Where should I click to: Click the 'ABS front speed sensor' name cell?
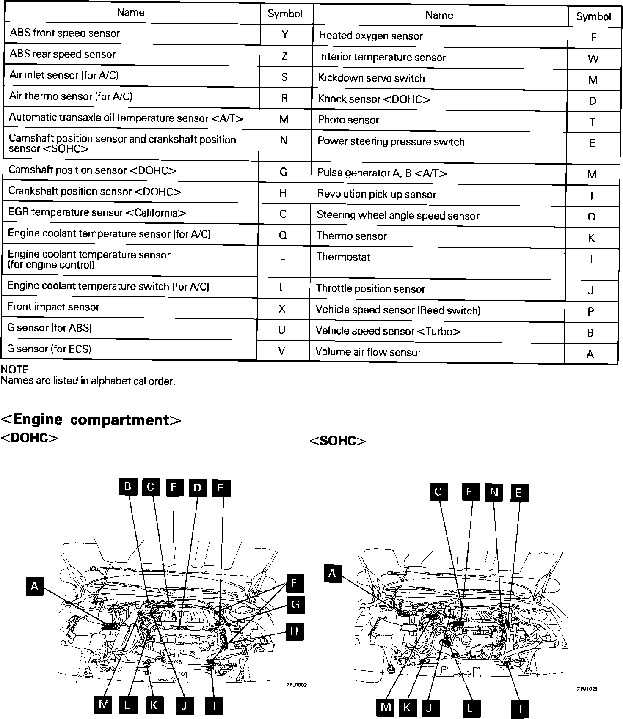[65, 33]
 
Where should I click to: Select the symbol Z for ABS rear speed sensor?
[284, 55]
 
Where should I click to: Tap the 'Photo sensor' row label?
[348, 120]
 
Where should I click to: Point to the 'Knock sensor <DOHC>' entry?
[374, 99]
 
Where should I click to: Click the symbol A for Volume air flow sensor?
[590, 354]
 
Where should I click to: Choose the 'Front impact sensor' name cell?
[53, 307]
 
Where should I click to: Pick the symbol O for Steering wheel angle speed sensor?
[592, 217]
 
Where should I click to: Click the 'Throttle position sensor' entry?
[370, 289]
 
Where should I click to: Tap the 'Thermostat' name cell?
[343, 257]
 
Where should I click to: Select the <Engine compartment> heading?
[91, 420]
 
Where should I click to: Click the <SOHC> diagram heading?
[338, 441]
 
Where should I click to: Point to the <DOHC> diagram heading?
[29, 438]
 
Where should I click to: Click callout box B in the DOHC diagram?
[128, 486]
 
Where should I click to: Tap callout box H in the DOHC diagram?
[294, 631]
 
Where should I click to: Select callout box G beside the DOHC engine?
[295, 604]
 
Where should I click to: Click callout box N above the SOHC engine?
[494, 492]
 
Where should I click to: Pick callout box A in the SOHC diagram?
[332, 574]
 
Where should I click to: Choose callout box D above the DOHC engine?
[197, 488]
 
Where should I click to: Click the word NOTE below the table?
[14, 370]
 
